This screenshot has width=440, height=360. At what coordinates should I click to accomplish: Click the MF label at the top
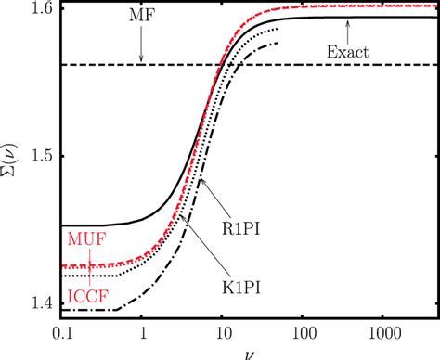tap(141, 17)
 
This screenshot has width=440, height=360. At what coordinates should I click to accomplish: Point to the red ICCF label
tap(85, 297)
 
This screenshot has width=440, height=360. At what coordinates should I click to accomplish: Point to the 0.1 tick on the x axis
tap(63, 332)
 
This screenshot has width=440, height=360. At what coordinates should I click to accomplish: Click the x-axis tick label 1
tap(142, 332)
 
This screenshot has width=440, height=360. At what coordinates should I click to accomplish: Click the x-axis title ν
tap(248, 354)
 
